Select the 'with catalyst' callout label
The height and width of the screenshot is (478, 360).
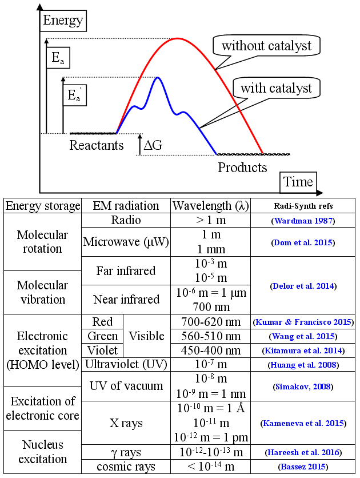pos(276,88)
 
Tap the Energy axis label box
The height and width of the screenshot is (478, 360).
pos(63,22)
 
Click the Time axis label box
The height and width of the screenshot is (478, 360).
pos(298,182)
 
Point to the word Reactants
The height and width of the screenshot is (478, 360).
pos(97,145)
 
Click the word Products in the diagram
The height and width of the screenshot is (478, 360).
pos(242,168)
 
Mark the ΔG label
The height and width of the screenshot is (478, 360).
pos(153,145)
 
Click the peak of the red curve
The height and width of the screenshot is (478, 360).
pos(178,38)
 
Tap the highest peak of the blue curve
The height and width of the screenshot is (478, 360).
pos(157,77)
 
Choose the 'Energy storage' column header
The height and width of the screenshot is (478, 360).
pos(43,206)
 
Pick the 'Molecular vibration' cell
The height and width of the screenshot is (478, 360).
pos(42,292)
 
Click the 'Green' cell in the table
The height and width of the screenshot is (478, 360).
pos(103,336)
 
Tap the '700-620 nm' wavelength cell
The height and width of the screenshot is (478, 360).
pos(211,321)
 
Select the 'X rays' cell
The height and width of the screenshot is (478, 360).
pos(126,424)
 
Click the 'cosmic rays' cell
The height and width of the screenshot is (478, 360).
pos(126,467)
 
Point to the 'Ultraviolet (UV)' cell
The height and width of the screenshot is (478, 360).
pos(126,364)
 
